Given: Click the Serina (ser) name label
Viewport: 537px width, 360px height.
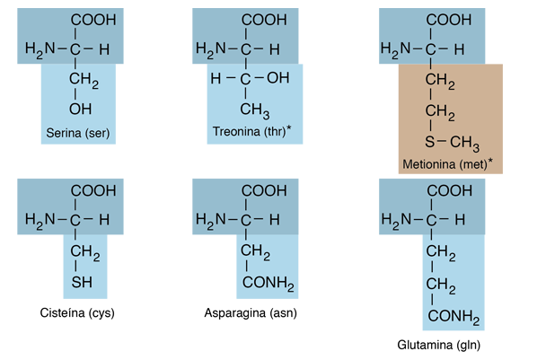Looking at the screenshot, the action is [x=78, y=133].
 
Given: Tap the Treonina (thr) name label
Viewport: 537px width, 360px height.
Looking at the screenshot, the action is [x=250, y=131].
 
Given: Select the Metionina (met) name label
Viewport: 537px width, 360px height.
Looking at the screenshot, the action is [x=445, y=164].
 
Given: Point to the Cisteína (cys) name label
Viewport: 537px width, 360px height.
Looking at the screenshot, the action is [x=77, y=312].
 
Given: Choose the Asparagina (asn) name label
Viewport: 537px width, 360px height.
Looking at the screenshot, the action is [x=251, y=312].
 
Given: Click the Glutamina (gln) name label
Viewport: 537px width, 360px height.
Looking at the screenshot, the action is [x=439, y=345].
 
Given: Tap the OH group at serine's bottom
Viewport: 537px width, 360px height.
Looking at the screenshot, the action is [x=81, y=110].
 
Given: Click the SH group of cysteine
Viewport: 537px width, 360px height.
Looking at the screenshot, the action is [x=82, y=282].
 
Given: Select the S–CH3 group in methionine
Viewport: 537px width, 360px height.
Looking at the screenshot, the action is [x=452, y=143].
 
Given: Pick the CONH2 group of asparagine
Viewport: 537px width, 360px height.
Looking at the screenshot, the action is [x=268, y=284].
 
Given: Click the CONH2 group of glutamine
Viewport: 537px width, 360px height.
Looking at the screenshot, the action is [x=453, y=317].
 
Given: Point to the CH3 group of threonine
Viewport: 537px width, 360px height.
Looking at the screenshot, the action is [x=255, y=110].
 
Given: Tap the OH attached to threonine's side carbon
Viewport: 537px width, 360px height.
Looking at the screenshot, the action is [x=278, y=78].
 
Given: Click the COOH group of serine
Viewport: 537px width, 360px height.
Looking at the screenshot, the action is [x=93, y=20].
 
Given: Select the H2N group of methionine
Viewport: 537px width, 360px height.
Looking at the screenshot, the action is [x=395, y=49].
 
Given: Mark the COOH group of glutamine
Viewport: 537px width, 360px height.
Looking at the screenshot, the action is [x=449, y=190].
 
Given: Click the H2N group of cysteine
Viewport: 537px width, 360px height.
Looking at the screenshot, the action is [x=40, y=220].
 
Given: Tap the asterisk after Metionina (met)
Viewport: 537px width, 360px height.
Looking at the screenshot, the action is [x=490, y=161].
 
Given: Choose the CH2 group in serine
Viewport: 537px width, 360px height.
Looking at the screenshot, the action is [x=84, y=80].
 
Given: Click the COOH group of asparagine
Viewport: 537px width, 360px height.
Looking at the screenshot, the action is [x=264, y=190].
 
